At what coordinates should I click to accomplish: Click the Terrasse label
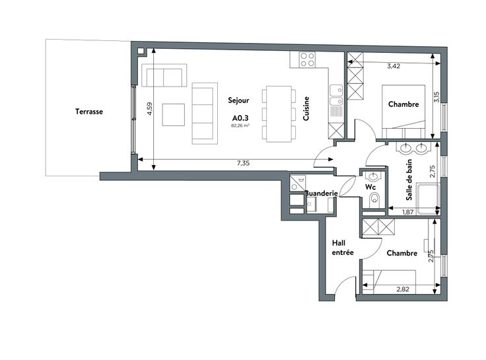tap(89, 112)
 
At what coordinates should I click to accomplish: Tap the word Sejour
tap(238, 100)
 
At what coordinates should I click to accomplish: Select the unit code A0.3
tap(240, 118)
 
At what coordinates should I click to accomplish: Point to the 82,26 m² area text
tap(240, 126)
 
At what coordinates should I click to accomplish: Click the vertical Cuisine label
tap(306, 108)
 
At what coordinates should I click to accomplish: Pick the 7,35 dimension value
tap(243, 163)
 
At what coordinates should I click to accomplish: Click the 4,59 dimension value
tap(150, 109)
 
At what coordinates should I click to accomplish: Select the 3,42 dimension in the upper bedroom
tap(394, 66)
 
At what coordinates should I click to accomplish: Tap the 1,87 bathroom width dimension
tap(408, 212)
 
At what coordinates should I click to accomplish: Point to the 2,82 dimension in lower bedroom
tap(403, 289)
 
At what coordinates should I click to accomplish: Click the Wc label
tap(370, 187)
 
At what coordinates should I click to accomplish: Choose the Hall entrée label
tap(343, 248)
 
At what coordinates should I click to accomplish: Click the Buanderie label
tap(322, 193)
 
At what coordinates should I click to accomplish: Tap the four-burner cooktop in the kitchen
tap(308, 59)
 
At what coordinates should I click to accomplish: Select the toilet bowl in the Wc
tap(374, 199)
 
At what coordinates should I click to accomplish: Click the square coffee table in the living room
tap(173, 115)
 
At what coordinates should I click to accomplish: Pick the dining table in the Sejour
tap(279, 114)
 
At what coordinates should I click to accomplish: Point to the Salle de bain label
tap(409, 180)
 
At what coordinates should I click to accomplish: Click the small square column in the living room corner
tap(141, 51)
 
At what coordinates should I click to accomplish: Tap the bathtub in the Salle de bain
tap(428, 199)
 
